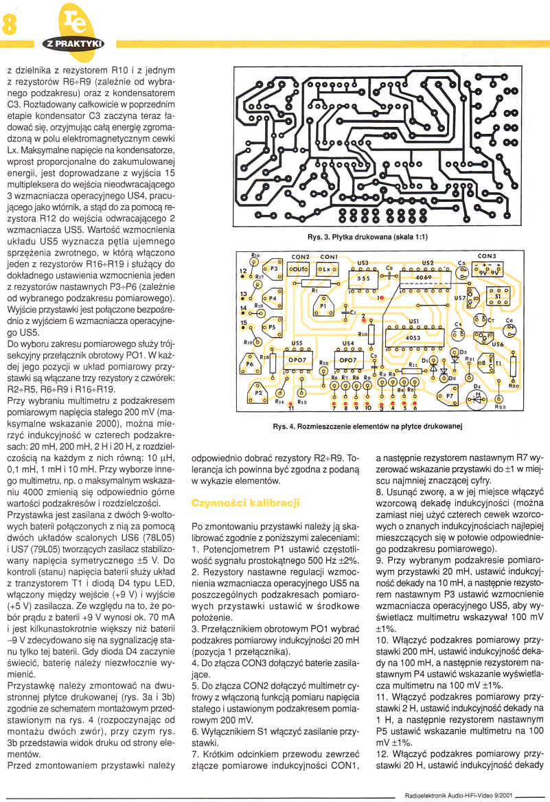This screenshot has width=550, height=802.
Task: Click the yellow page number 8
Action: click(10, 25)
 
